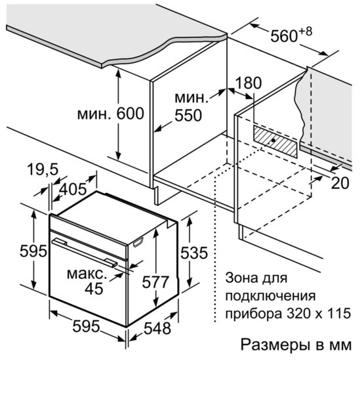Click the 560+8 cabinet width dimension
coord(291,35)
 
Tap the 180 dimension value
coord(249,83)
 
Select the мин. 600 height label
coord(111,114)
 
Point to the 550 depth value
coord(188,115)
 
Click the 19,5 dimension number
coord(43,169)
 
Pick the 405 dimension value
coord(73,189)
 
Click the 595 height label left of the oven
coord(33,251)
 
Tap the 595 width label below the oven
coord(86,326)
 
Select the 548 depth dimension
coord(157,329)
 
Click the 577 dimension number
coord(155,282)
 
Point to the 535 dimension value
coord(194,253)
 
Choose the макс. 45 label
coord(87,282)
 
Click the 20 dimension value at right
coord(340,183)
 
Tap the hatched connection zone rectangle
coord(275,141)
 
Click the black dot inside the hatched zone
coord(273,140)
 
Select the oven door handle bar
coord(85,253)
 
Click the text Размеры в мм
coord(296,345)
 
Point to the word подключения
coord(270,296)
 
